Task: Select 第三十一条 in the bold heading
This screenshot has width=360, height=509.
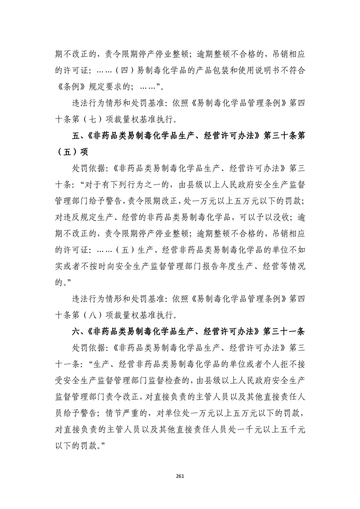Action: click(285, 331)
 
